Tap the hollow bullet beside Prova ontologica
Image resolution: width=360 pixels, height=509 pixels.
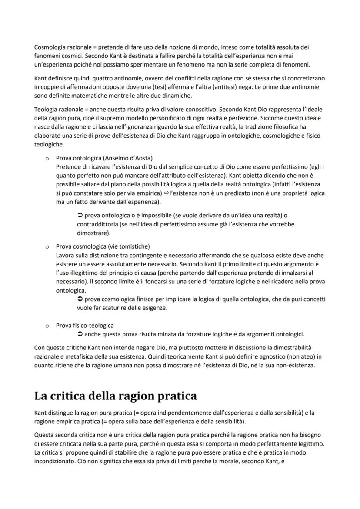[x=46, y=158]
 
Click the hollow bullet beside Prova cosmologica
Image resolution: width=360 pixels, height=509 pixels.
[x=46, y=247]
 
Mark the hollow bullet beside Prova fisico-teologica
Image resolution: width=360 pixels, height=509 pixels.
[x=46, y=326]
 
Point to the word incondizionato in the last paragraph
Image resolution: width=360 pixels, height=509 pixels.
[x=55, y=461]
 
